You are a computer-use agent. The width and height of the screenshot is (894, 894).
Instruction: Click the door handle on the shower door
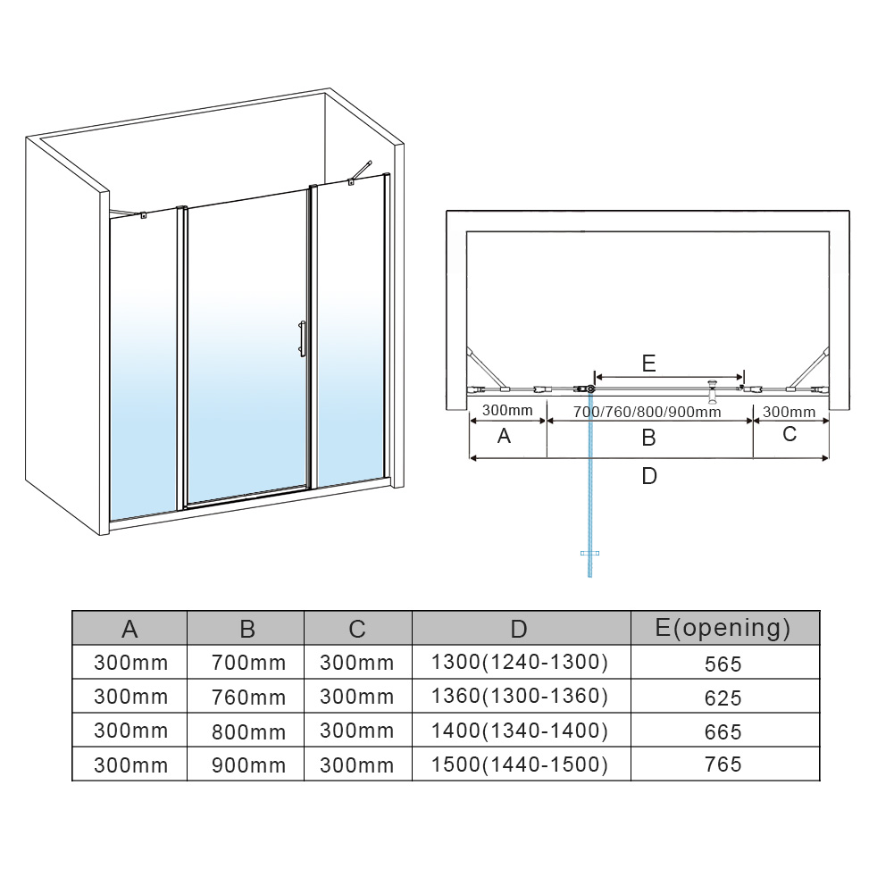click(302, 338)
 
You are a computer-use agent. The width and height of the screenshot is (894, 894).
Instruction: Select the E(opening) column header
click(723, 628)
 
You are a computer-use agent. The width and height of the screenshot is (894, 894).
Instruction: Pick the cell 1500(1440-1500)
click(520, 764)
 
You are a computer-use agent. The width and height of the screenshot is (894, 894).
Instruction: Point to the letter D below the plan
click(648, 475)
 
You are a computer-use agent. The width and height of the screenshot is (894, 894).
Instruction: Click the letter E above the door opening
click(648, 363)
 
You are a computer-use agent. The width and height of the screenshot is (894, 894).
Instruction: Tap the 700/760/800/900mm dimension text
click(648, 412)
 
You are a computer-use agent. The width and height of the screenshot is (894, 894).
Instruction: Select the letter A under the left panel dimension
click(504, 436)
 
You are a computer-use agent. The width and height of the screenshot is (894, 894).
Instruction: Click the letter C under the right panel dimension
click(790, 434)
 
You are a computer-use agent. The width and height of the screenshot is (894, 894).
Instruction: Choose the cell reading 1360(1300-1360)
click(520, 696)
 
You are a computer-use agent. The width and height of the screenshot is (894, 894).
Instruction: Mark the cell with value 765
click(723, 764)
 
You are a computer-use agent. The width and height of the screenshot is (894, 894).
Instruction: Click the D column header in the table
click(519, 629)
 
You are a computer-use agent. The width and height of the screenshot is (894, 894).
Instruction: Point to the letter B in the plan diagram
click(648, 438)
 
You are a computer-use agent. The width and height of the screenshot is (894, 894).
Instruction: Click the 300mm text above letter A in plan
click(507, 411)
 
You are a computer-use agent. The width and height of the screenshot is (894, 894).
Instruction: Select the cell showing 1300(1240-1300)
click(520, 662)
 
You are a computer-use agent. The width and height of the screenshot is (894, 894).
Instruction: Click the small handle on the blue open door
click(590, 553)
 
